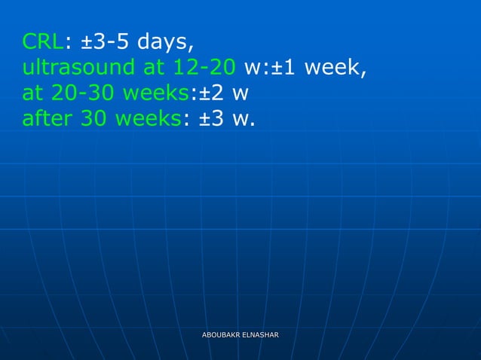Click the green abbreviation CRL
click(41, 41)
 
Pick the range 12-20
click(204, 68)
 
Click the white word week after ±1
click(336, 68)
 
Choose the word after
click(47, 119)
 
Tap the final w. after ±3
click(244, 121)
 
